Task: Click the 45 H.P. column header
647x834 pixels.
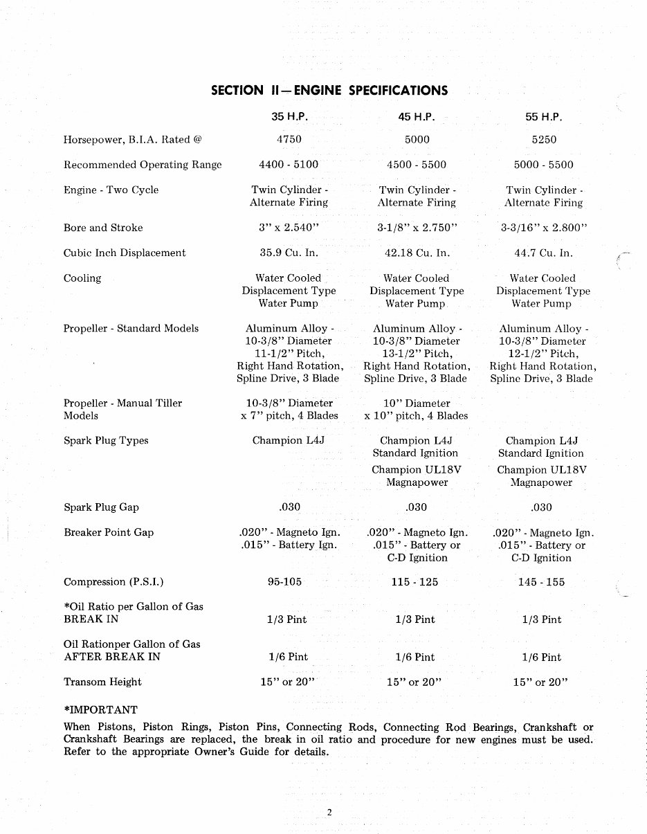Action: (x=416, y=117)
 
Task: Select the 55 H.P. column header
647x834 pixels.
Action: (x=543, y=117)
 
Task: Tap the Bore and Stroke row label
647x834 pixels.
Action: (x=103, y=228)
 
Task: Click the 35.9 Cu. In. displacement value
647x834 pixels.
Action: (x=289, y=253)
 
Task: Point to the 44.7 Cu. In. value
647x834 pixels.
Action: (x=543, y=253)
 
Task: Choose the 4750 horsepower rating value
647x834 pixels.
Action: (x=289, y=139)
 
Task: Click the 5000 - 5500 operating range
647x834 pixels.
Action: (x=543, y=165)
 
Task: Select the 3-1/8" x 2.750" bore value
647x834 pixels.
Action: (x=417, y=228)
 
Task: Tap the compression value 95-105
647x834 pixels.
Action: (x=284, y=582)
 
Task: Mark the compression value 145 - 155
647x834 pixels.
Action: (x=541, y=582)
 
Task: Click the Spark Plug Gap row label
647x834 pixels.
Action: (x=101, y=507)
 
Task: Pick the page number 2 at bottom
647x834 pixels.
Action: (x=329, y=813)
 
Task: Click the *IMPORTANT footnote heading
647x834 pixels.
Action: (x=100, y=709)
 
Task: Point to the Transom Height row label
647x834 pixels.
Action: (x=102, y=682)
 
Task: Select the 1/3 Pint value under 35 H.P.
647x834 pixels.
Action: (x=287, y=619)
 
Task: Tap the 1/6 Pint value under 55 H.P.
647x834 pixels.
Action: (x=542, y=657)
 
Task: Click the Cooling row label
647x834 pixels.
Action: (x=82, y=278)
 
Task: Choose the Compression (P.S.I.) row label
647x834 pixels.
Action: (x=113, y=582)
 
